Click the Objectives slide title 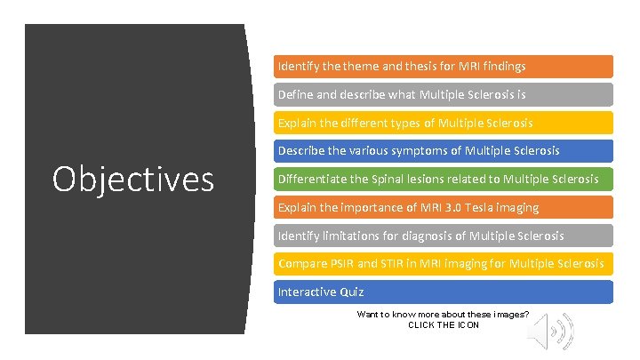(x=133, y=179)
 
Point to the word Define (x=296, y=94)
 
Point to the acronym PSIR (x=342, y=263)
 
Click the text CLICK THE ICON (x=444, y=325)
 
